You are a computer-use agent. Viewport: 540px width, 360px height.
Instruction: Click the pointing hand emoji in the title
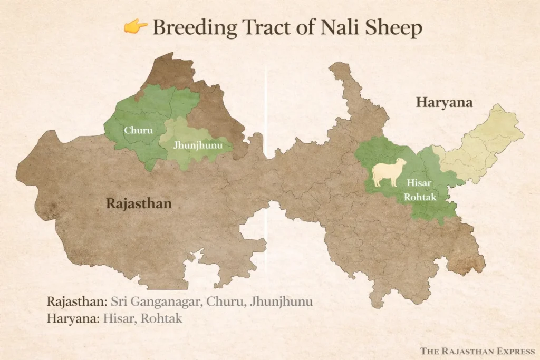click(x=136, y=26)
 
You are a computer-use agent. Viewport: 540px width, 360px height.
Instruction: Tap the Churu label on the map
click(x=134, y=130)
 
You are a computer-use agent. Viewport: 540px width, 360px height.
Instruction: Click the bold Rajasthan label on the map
click(x=139, y=203)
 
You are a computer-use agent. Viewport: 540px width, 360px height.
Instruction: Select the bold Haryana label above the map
click(x=444, y=102)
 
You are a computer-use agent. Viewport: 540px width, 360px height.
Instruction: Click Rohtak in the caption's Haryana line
click(x=161, y=319)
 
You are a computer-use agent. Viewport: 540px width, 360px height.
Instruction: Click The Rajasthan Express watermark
click(x=477, y=351)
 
